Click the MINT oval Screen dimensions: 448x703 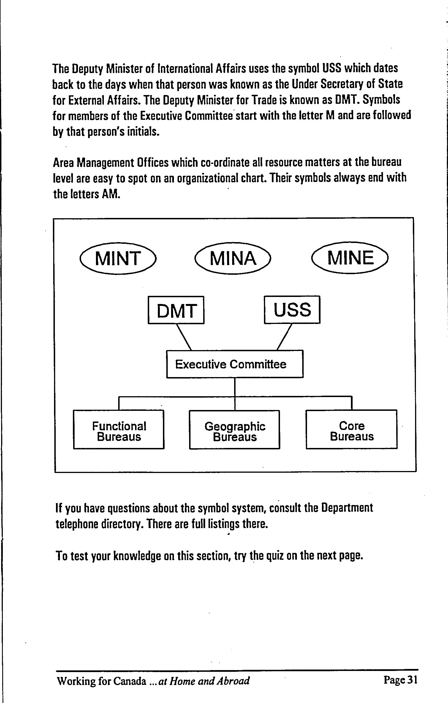(118, 258)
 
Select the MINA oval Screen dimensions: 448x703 (233, 258)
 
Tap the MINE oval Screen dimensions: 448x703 (350, 258)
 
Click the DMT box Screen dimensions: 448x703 (176, 310)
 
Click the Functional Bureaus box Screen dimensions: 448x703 (119, 429)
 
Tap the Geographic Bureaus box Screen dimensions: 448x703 (235, 429)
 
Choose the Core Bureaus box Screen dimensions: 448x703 (351, 429)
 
